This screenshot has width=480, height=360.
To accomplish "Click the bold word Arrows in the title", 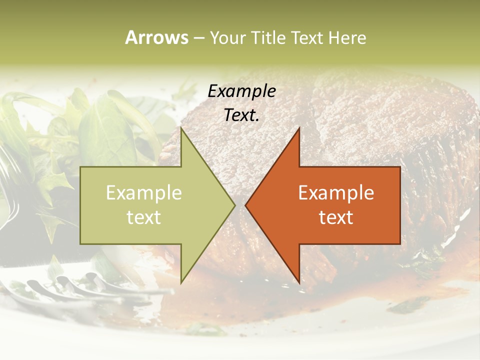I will [156, 37].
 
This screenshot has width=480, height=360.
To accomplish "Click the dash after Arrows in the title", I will [198, 38].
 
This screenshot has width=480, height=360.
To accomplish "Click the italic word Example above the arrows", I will [242, 91].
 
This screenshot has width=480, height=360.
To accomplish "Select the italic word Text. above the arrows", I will [242, 115].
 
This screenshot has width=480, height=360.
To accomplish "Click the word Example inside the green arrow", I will [144, 192].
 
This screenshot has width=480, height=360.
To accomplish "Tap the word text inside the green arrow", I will [144, 217].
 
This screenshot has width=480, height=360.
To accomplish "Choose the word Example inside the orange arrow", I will [336, 192].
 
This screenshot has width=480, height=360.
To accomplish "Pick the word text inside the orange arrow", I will [336, 217].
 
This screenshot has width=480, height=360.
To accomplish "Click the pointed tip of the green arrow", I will [234, 205].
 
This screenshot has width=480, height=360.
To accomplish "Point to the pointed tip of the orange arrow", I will [246, 205].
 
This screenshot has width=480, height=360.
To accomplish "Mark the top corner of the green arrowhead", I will [181, 128].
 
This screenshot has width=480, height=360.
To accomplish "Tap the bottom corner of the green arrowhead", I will [181, 282].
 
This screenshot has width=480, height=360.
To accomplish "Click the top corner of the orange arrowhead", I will [299, 128].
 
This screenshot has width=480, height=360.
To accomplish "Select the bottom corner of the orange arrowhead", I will [299, 282].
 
